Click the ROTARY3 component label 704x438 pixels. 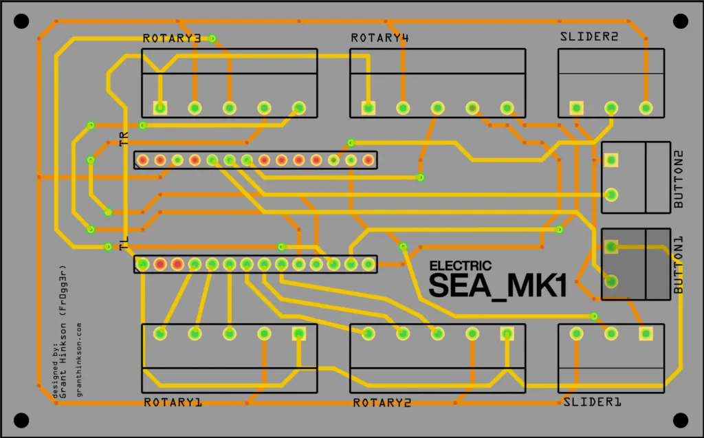(x=172, y=39)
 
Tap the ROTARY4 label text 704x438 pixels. (x=379, y=39)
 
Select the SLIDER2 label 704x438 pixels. (x=589, y=39)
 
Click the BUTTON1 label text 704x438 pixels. (x=679, y=265)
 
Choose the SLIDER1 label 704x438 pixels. (x=592, y=402)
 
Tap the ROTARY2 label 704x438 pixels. (x=382, y=402)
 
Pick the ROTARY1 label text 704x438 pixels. (x=173, y=402)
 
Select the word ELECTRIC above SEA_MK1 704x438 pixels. (x=460, y=265)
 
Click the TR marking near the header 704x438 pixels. (x=124, y=140)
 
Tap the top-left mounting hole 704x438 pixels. (x=21, y=21)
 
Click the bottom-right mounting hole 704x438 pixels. (x=681, y=419)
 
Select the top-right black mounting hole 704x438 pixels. (x=681, y=21)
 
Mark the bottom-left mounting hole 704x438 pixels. (x=21, y=419)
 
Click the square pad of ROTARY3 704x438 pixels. (x=160, y=107)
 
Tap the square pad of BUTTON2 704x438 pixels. (x=611, y=160)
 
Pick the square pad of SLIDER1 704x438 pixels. (x=645, y=334)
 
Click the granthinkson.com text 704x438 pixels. (x=80, y=360)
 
